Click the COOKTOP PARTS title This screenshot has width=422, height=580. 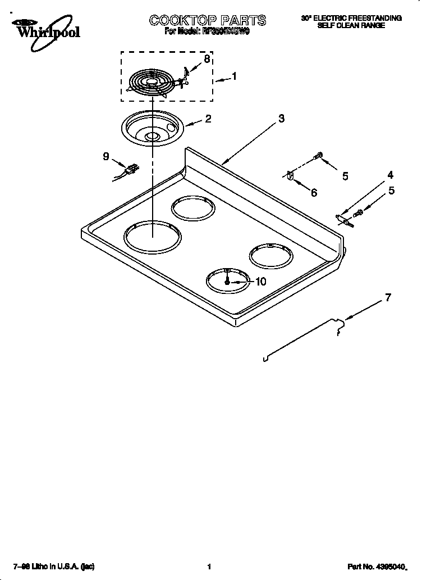tap(207, 21)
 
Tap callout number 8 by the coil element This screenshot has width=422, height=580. tap(207, 59)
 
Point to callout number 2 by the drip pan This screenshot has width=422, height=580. tap(208, 119)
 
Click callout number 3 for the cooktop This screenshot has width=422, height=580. tap(281, 118)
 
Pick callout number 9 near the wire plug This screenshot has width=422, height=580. tap(105, 157)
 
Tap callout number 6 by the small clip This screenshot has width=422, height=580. tap(313, 193)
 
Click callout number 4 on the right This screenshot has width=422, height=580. tap(390, 175)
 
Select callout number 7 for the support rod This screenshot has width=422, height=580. tap(388, 298)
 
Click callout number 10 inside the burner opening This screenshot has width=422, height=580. tap(260, 282)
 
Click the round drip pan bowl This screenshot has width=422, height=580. tap(150, 129)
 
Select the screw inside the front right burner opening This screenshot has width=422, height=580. tap(227, 280)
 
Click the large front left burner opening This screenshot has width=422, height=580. tap(152, 236)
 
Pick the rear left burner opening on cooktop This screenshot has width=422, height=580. tap(193, 209)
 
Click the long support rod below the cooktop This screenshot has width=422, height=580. tap(303, 339)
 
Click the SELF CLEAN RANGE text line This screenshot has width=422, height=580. tap(351, 25)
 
